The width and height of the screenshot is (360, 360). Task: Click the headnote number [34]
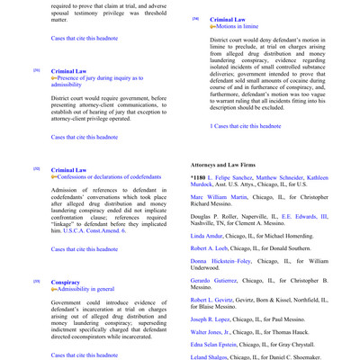(196, 19)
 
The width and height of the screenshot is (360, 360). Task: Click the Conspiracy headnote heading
(67, 282)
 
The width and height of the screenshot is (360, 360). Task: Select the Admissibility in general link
(88, 290)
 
